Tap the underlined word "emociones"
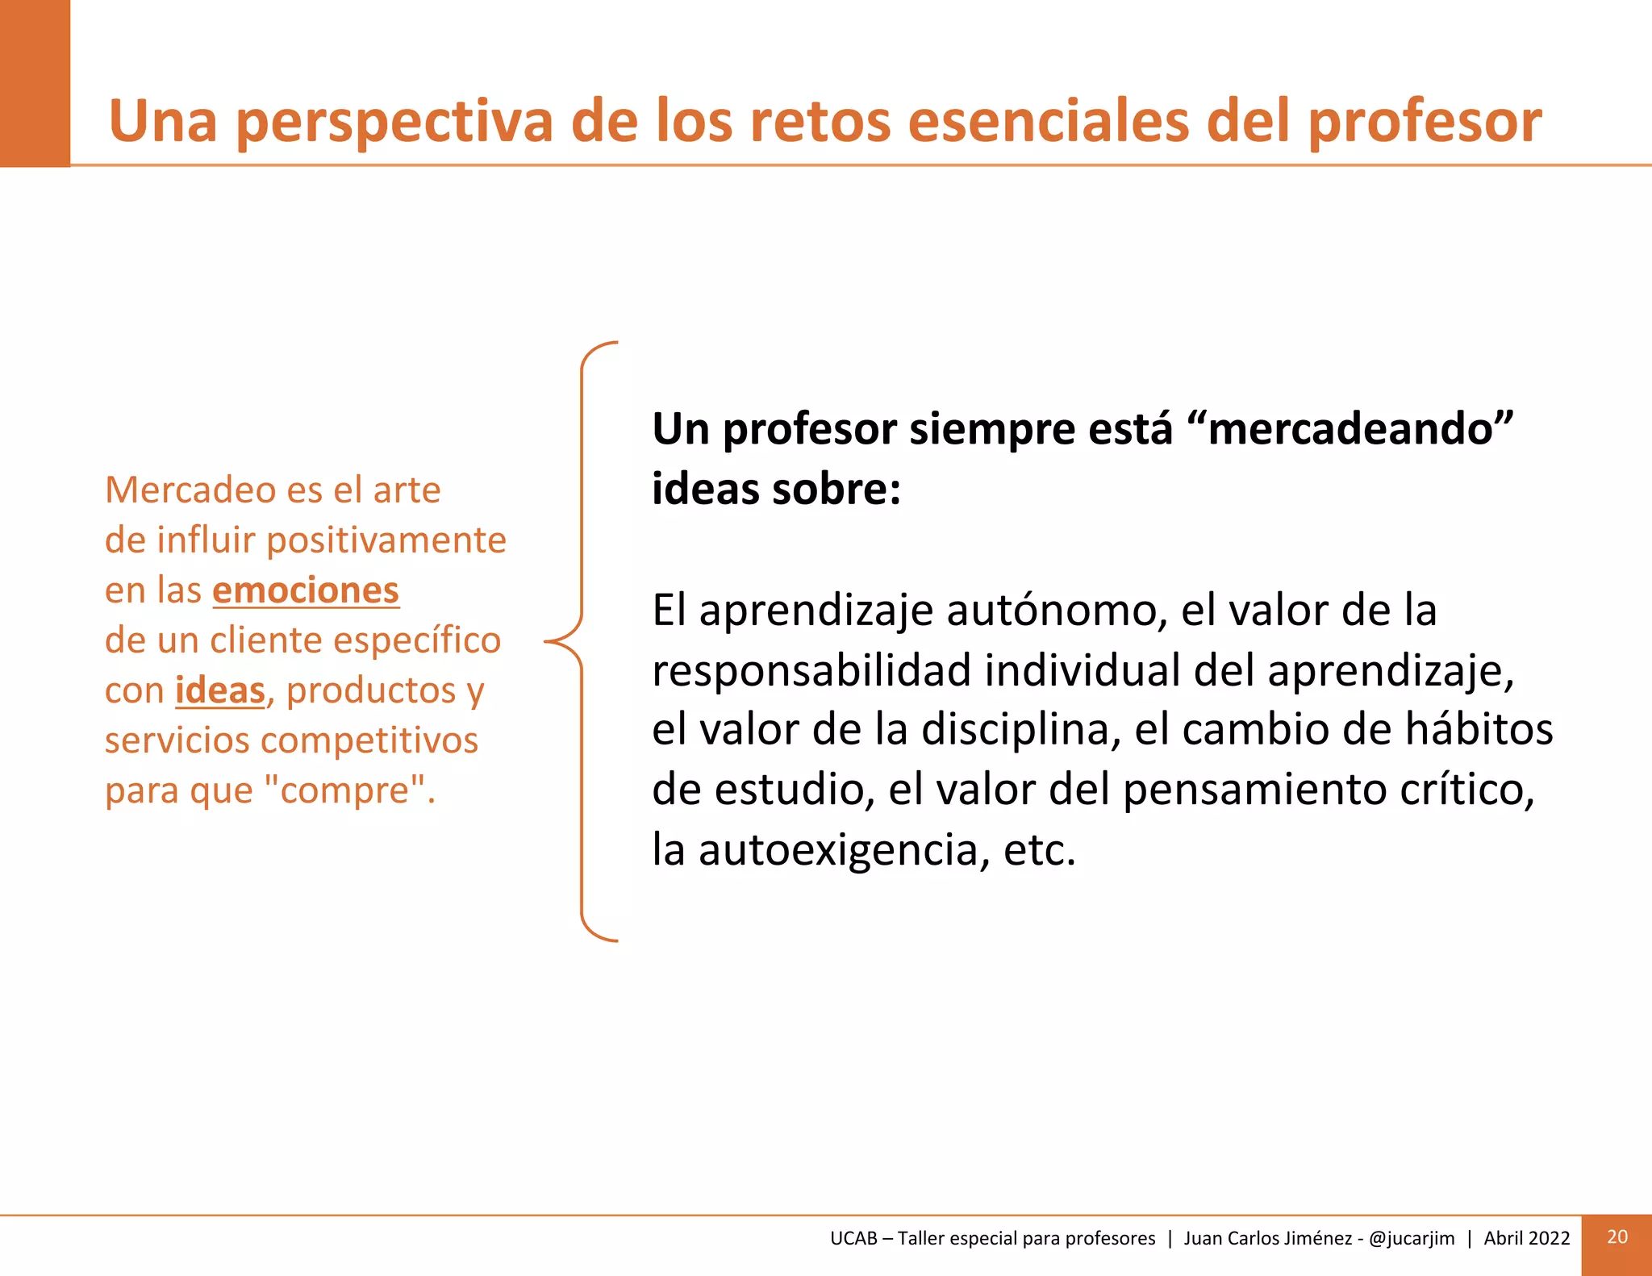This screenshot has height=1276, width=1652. [x=306, y=590]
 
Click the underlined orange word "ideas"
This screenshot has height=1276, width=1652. [x=219, y=690]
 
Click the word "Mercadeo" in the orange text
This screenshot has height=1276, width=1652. [x=190, y=490]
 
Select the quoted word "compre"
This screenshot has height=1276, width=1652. [x=349, y=790]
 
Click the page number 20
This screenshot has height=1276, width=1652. [x=1617, y=1237]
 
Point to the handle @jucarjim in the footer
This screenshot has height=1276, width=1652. [x=1412, y=1238]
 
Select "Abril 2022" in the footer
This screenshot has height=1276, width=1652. [x=1526, y=1238]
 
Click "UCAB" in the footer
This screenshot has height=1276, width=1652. [x=853, y=1238]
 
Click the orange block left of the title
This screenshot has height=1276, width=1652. [x=35, y=83]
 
